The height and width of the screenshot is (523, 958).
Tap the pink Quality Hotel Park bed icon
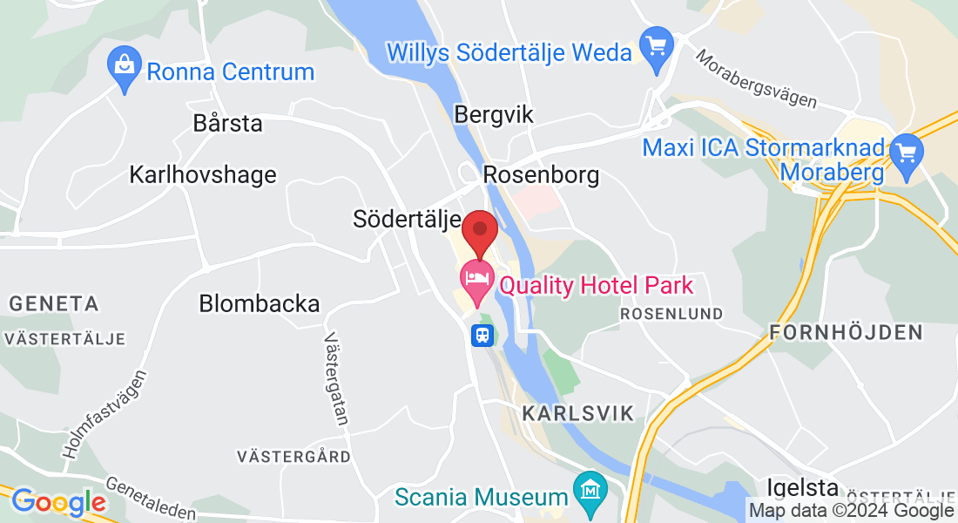475,281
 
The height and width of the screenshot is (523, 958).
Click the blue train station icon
482,335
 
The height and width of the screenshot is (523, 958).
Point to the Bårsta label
227,123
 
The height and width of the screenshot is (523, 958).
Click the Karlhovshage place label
202,174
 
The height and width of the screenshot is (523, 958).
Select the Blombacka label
259,304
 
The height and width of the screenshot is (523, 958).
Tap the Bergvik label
494,114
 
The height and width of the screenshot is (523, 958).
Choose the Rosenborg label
541,175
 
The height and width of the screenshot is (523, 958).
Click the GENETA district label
54,304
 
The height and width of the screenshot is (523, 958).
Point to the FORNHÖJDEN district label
846,332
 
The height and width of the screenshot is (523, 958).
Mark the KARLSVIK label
578,413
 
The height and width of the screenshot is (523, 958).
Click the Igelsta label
802,487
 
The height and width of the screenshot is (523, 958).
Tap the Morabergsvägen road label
756,78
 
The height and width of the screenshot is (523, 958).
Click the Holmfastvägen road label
105,414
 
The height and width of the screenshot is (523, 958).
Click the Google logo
58,502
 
